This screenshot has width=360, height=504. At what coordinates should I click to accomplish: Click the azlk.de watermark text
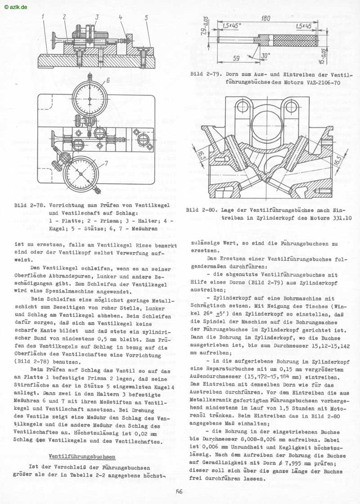15,6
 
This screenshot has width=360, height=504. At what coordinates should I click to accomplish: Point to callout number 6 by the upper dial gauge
108,81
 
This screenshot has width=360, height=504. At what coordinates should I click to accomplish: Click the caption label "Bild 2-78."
27,205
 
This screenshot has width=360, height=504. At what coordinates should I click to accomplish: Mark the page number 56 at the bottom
180,492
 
